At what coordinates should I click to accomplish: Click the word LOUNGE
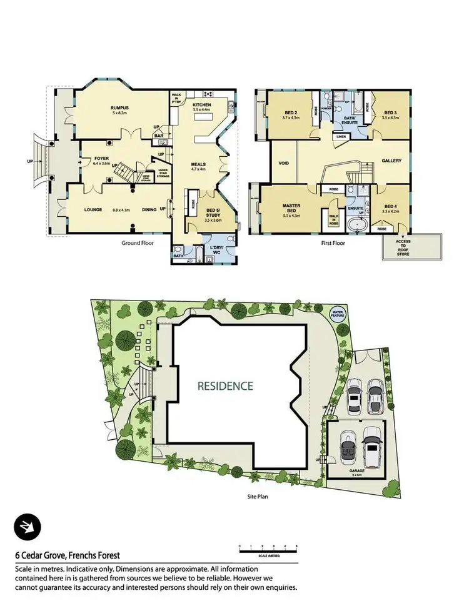(93, 210)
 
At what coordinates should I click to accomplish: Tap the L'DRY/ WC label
(216, 243)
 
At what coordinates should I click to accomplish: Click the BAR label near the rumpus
(159, 135)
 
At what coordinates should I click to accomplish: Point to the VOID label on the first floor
(283, 163)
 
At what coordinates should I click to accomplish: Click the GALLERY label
(391, 161)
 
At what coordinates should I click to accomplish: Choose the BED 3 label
(390, 112)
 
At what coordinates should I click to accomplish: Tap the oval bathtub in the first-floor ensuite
(359, 224)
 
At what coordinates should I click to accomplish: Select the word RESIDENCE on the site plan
(225, 385)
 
